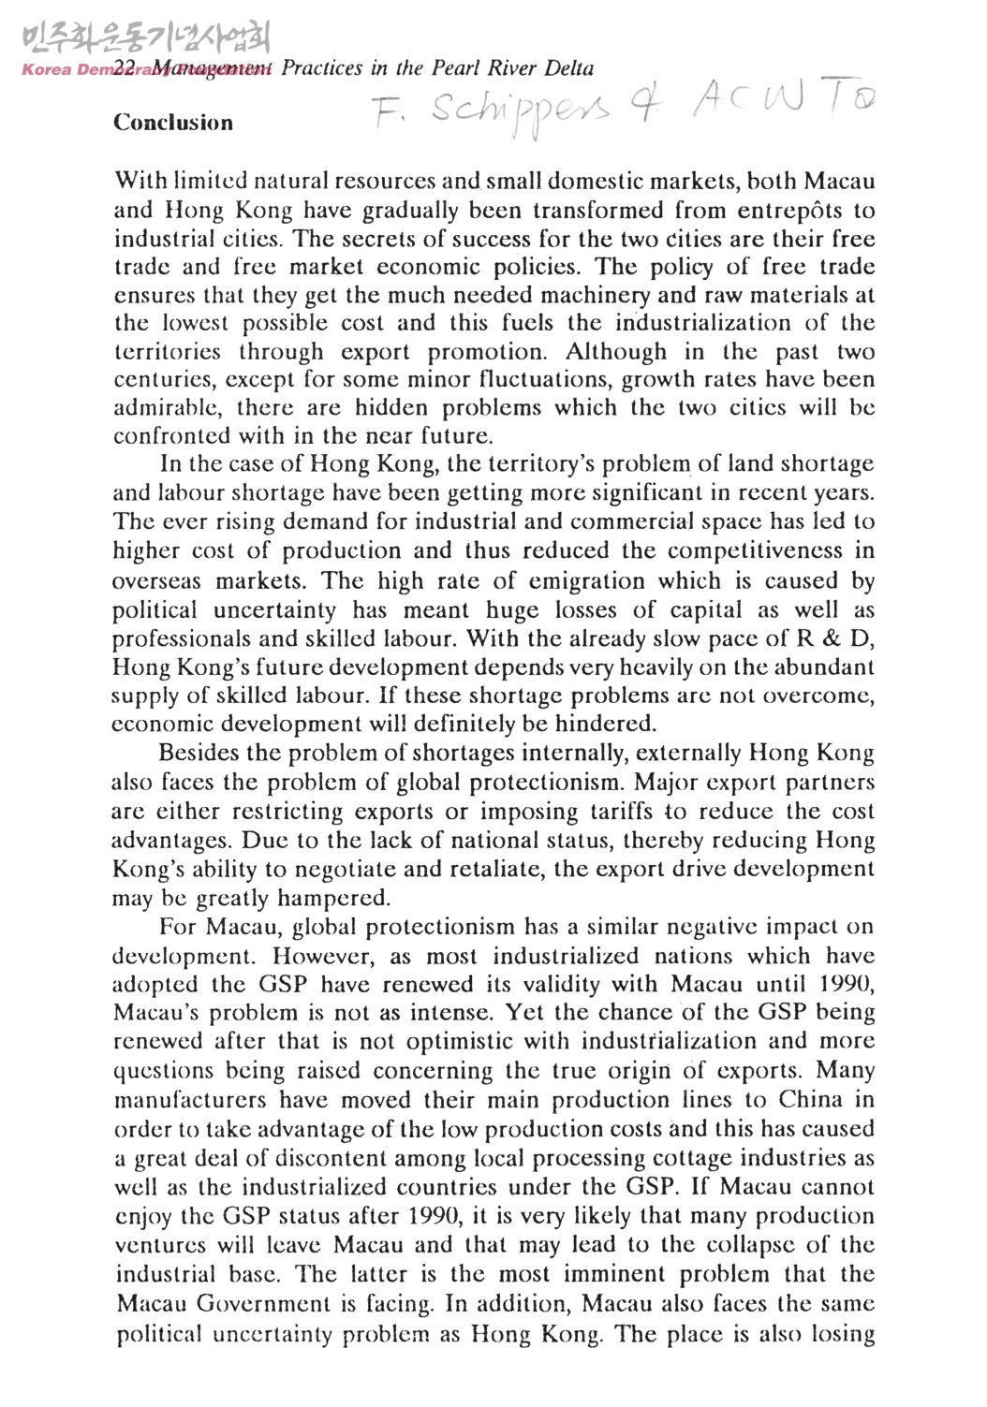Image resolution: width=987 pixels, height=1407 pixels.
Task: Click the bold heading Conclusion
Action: pos(173,123)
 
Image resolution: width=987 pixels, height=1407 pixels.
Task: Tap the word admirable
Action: pos(168,408)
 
